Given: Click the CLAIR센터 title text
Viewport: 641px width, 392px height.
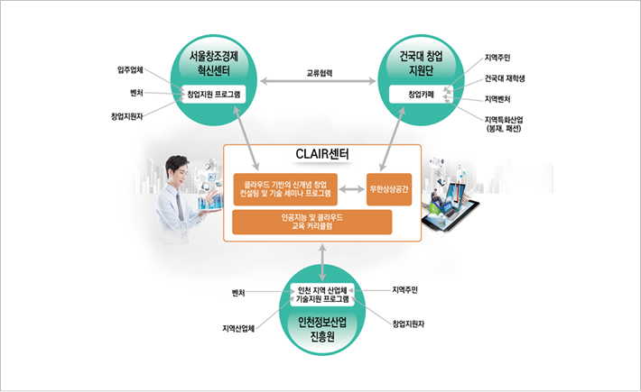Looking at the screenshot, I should (x=322, y=156).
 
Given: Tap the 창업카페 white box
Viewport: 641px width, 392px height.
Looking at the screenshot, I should (x=422, y=94).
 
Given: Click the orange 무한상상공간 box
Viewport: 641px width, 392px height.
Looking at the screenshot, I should (x=389, y=188).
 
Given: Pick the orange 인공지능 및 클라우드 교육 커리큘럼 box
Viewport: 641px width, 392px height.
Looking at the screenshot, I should (x=312, y=222).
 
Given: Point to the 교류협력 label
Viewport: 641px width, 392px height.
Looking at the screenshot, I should (x=320, y=73).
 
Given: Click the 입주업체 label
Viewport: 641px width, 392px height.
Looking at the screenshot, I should (x=132, y=69).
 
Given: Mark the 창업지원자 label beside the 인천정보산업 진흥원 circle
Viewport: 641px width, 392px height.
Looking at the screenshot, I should (x=410, y=323).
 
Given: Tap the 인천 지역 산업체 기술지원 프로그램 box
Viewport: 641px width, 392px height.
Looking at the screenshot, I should (x=323, y=294).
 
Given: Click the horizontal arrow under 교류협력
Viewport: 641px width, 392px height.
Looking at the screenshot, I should (x=320, y=84).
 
